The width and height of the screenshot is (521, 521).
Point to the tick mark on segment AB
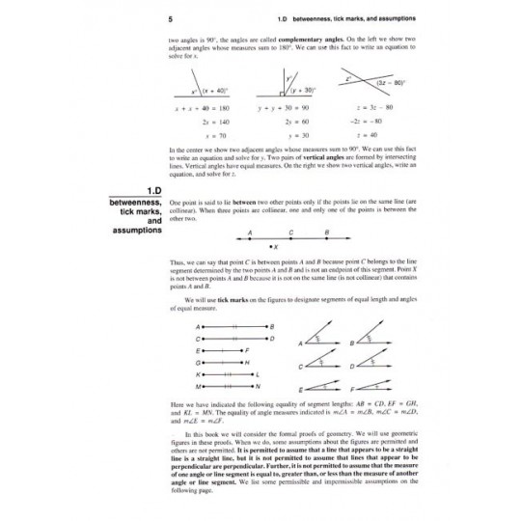232,328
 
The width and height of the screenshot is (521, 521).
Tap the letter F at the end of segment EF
248,350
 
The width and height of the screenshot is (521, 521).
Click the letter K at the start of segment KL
197,373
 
